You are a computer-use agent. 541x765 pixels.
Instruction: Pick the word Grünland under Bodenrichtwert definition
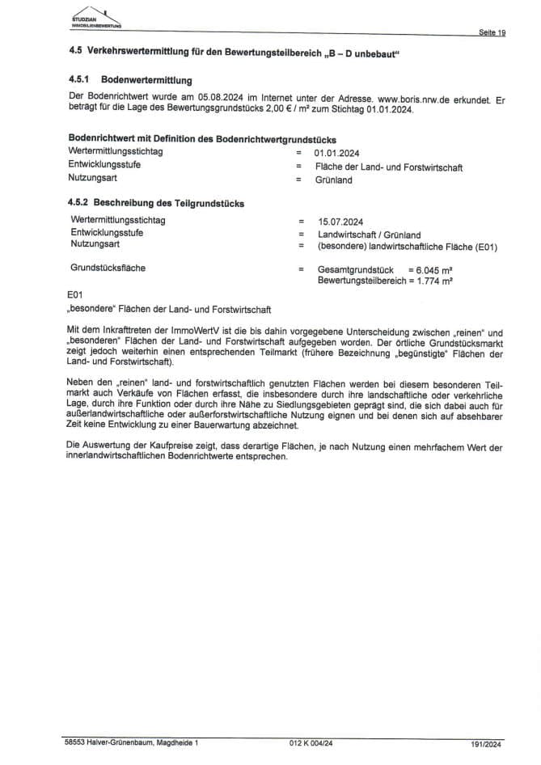coord(334,180)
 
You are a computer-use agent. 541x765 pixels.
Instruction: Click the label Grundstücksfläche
coord(108,266)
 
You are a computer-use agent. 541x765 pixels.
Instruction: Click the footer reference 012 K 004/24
coord(311,741)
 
